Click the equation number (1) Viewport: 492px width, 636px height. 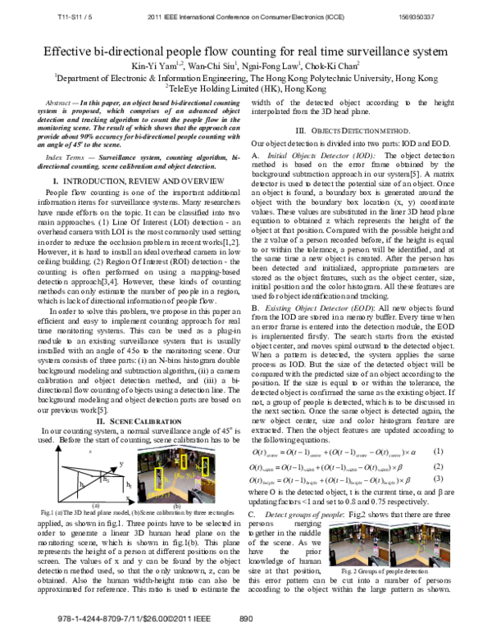439,452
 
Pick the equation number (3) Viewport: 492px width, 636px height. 439,478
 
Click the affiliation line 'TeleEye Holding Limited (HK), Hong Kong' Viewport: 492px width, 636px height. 245,85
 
